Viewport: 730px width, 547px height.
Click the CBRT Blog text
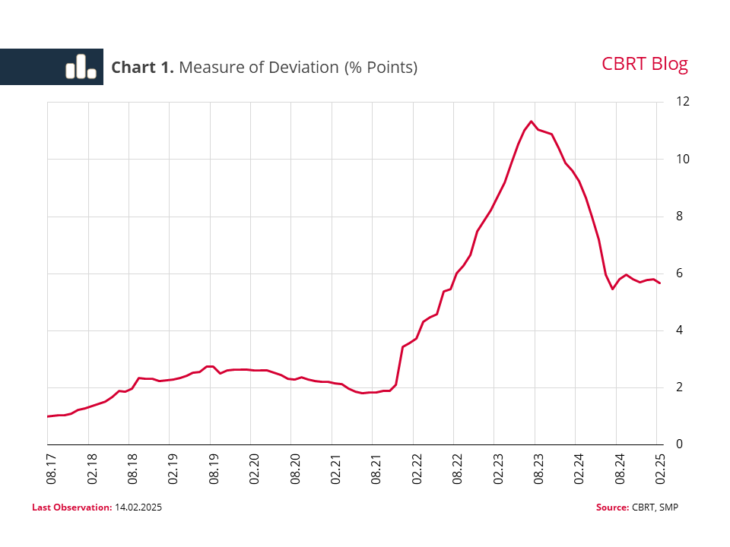644,64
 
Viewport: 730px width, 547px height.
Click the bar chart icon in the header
81,67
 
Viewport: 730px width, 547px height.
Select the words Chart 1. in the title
143,67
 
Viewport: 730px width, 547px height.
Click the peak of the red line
532,121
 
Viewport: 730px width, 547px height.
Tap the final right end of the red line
660,283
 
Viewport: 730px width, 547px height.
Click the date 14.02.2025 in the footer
138,507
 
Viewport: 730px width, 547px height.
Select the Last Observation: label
71,507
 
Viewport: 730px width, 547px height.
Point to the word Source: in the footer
612,507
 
